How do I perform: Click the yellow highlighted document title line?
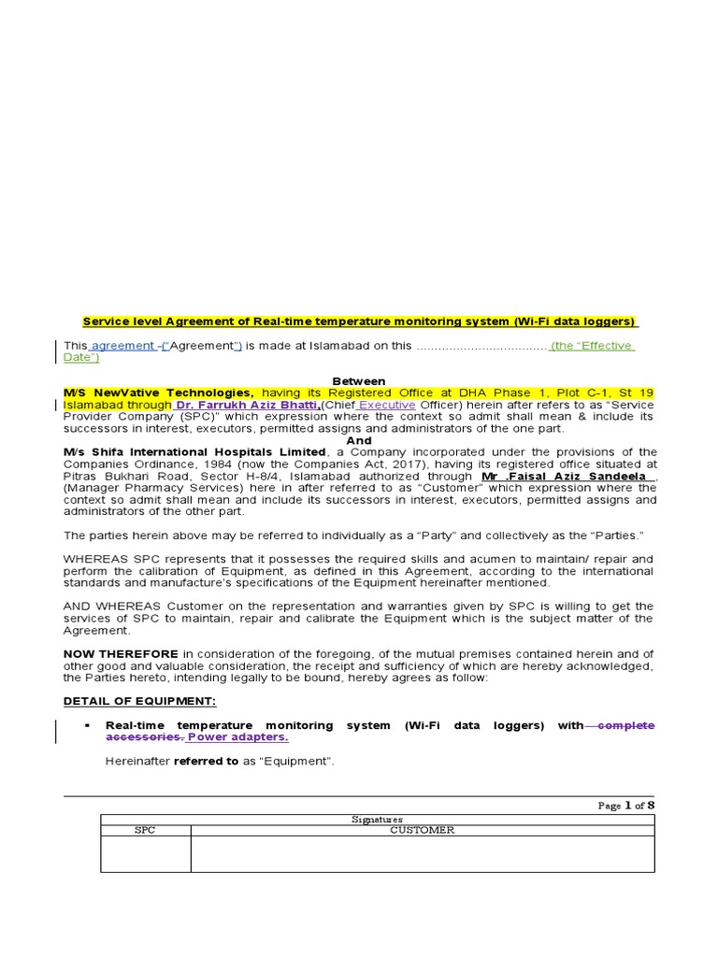361,322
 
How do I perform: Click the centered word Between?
359,381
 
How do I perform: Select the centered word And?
359,440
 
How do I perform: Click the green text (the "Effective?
593,346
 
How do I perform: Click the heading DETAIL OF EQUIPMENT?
139,701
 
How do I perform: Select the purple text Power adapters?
238,737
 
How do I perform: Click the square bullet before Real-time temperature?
86,726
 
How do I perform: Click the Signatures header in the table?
378,819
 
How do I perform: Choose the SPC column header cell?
145,830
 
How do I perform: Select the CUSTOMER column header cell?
423,830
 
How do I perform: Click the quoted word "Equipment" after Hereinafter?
301,761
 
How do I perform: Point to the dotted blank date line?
481,346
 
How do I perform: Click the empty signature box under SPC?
145,854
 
